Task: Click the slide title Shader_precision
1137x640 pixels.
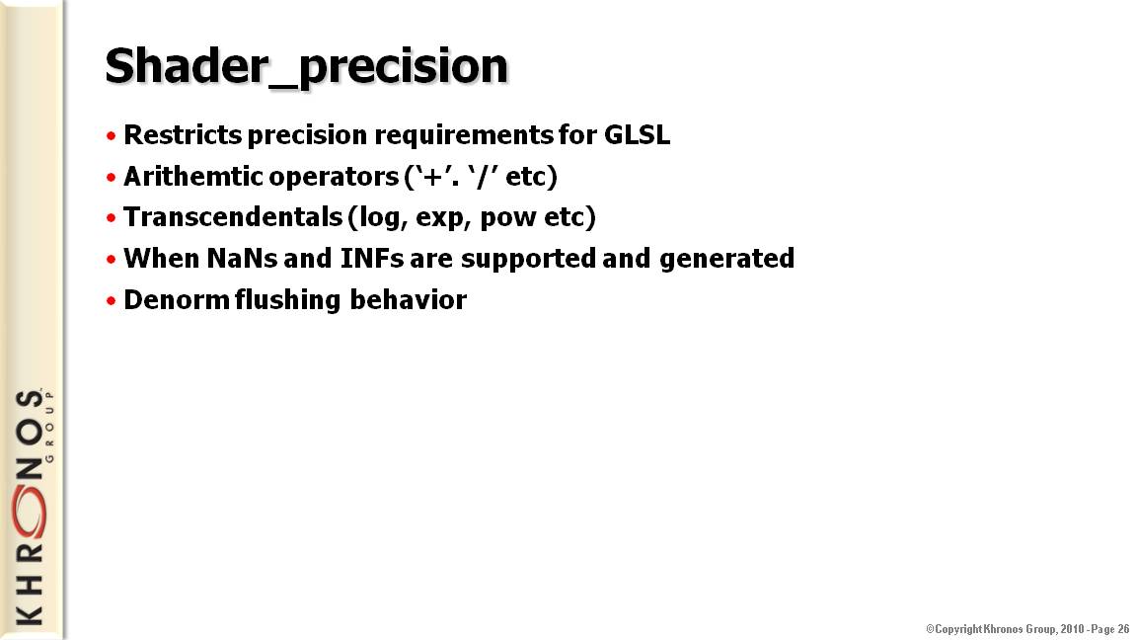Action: point(306,67)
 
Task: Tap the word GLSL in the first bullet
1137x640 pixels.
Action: point(637,135)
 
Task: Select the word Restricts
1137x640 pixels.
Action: point(183,135)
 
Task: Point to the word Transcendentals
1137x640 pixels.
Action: point(233,217)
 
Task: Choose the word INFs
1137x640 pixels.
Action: point(372,259)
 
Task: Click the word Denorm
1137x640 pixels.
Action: point(177,299)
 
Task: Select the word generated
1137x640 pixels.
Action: point(726,259)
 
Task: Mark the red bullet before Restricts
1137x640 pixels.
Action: point(111,135)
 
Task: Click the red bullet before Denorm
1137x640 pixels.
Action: point(111,300)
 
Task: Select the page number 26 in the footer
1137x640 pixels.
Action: point(1123,629)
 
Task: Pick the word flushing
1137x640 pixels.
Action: point(287,300)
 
